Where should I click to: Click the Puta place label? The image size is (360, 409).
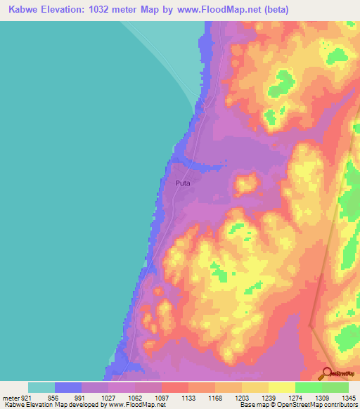point(183,182)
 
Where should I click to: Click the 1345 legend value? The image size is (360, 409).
point(349,398)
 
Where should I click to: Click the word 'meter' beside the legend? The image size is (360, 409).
point(10,398)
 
